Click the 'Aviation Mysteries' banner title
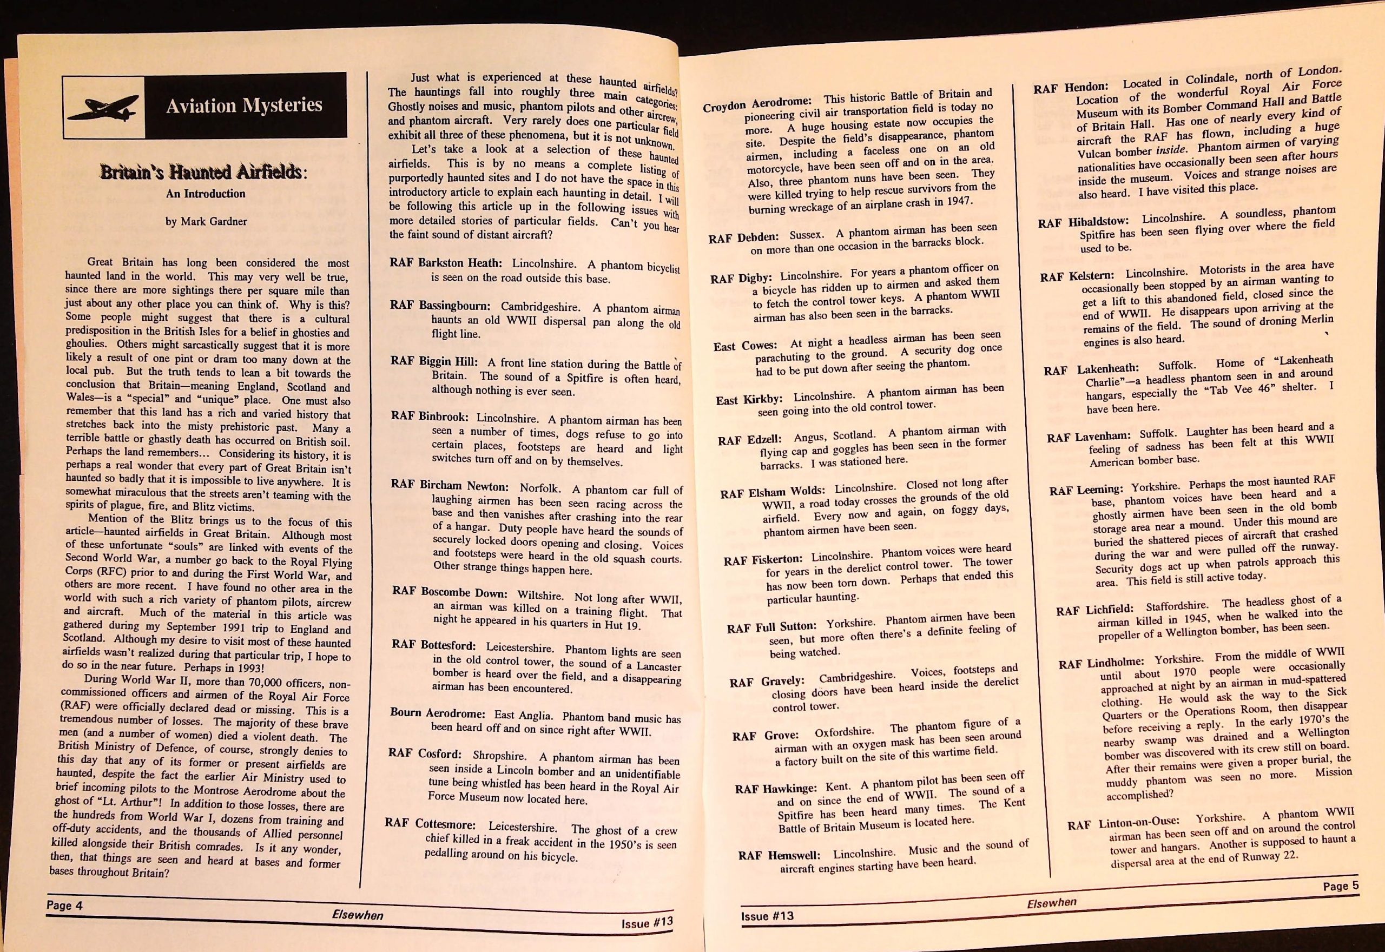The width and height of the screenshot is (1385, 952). pos(244,105)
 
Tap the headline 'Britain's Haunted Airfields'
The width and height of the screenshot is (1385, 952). pos(203,173)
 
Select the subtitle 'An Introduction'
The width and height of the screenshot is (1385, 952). pos(205,194)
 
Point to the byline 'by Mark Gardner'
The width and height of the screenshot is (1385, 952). pos(206,221)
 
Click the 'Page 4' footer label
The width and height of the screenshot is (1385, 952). pos(64,905)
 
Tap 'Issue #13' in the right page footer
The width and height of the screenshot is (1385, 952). pos(767,916)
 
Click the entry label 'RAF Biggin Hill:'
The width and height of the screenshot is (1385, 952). pos(434,361)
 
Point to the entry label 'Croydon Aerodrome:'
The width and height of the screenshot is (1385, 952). pos(757,104)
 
